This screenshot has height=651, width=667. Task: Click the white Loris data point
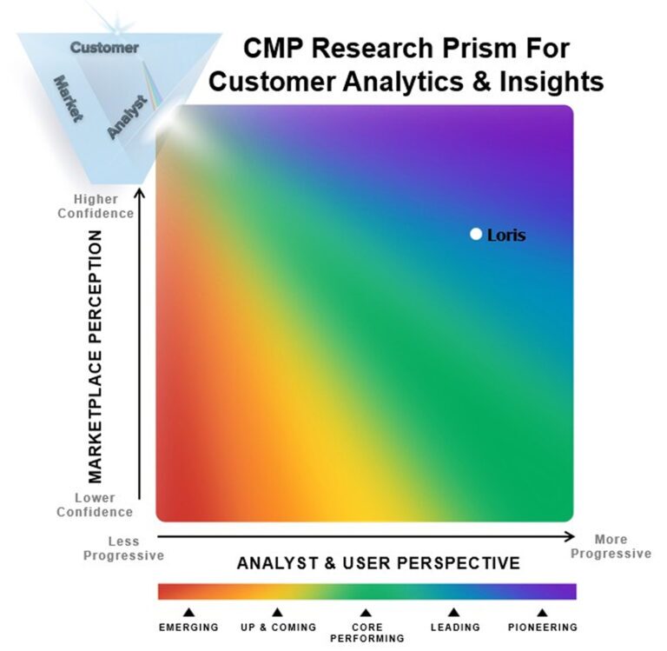(475, 234)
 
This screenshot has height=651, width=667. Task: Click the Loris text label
(506, 235)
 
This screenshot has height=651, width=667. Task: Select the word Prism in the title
(475, 48)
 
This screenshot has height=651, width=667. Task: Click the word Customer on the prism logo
(103, 48)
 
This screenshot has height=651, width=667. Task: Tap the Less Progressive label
(123, 547)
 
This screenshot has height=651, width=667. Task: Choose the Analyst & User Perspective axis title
(379, 563)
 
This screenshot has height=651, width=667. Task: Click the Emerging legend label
(188, 627)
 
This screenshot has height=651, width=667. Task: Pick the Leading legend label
(454, 627)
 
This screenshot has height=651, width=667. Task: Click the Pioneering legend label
(542, 627)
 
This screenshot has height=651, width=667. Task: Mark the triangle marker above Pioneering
(542, 612)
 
